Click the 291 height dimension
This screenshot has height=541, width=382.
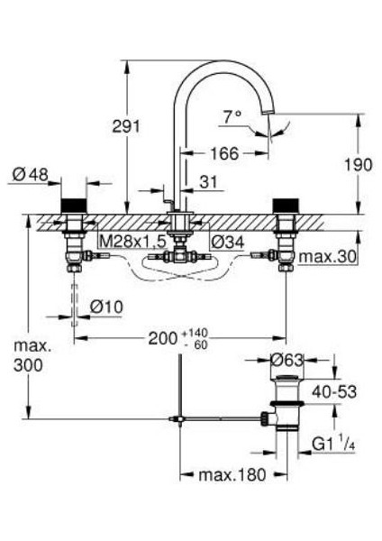126,126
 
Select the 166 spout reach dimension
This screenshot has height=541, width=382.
224,153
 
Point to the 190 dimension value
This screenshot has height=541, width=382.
359,165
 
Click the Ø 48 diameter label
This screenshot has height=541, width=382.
31,175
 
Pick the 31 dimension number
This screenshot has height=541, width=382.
209,182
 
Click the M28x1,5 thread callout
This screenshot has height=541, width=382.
133,242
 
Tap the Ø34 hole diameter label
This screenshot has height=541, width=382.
228,242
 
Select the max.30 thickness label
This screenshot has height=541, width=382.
327,257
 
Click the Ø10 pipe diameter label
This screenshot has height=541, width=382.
106,306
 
